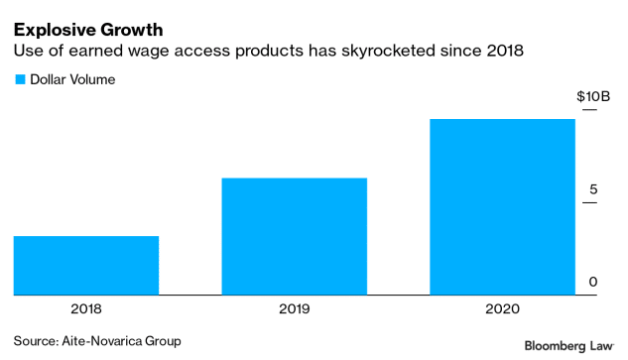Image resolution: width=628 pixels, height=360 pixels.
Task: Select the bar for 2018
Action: (86, 266)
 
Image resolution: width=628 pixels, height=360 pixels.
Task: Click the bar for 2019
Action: (295, 236)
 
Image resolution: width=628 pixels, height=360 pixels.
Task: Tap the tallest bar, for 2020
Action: (503, 207)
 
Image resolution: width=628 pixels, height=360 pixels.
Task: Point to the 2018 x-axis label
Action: (86, 309)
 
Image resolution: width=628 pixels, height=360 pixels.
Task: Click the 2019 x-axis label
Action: (295, 309)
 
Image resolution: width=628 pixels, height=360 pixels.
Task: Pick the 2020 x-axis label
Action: (503, 309)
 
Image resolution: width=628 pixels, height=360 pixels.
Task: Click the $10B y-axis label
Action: (593, 96)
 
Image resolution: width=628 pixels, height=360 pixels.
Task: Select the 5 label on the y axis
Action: (593, 189)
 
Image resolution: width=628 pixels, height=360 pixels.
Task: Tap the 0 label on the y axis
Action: (593, 282)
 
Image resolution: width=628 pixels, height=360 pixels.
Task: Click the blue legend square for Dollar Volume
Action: (20, 79)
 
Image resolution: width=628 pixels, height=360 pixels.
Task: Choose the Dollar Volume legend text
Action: (72, 79)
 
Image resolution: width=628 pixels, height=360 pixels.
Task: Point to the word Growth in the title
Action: (131, 30)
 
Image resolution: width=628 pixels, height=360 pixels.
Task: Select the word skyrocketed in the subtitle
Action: (388, 51)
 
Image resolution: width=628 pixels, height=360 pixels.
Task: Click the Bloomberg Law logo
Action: (569, 346)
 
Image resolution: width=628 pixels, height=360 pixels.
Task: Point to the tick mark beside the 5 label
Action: (589, 202)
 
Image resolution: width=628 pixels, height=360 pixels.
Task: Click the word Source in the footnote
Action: (36, 341)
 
